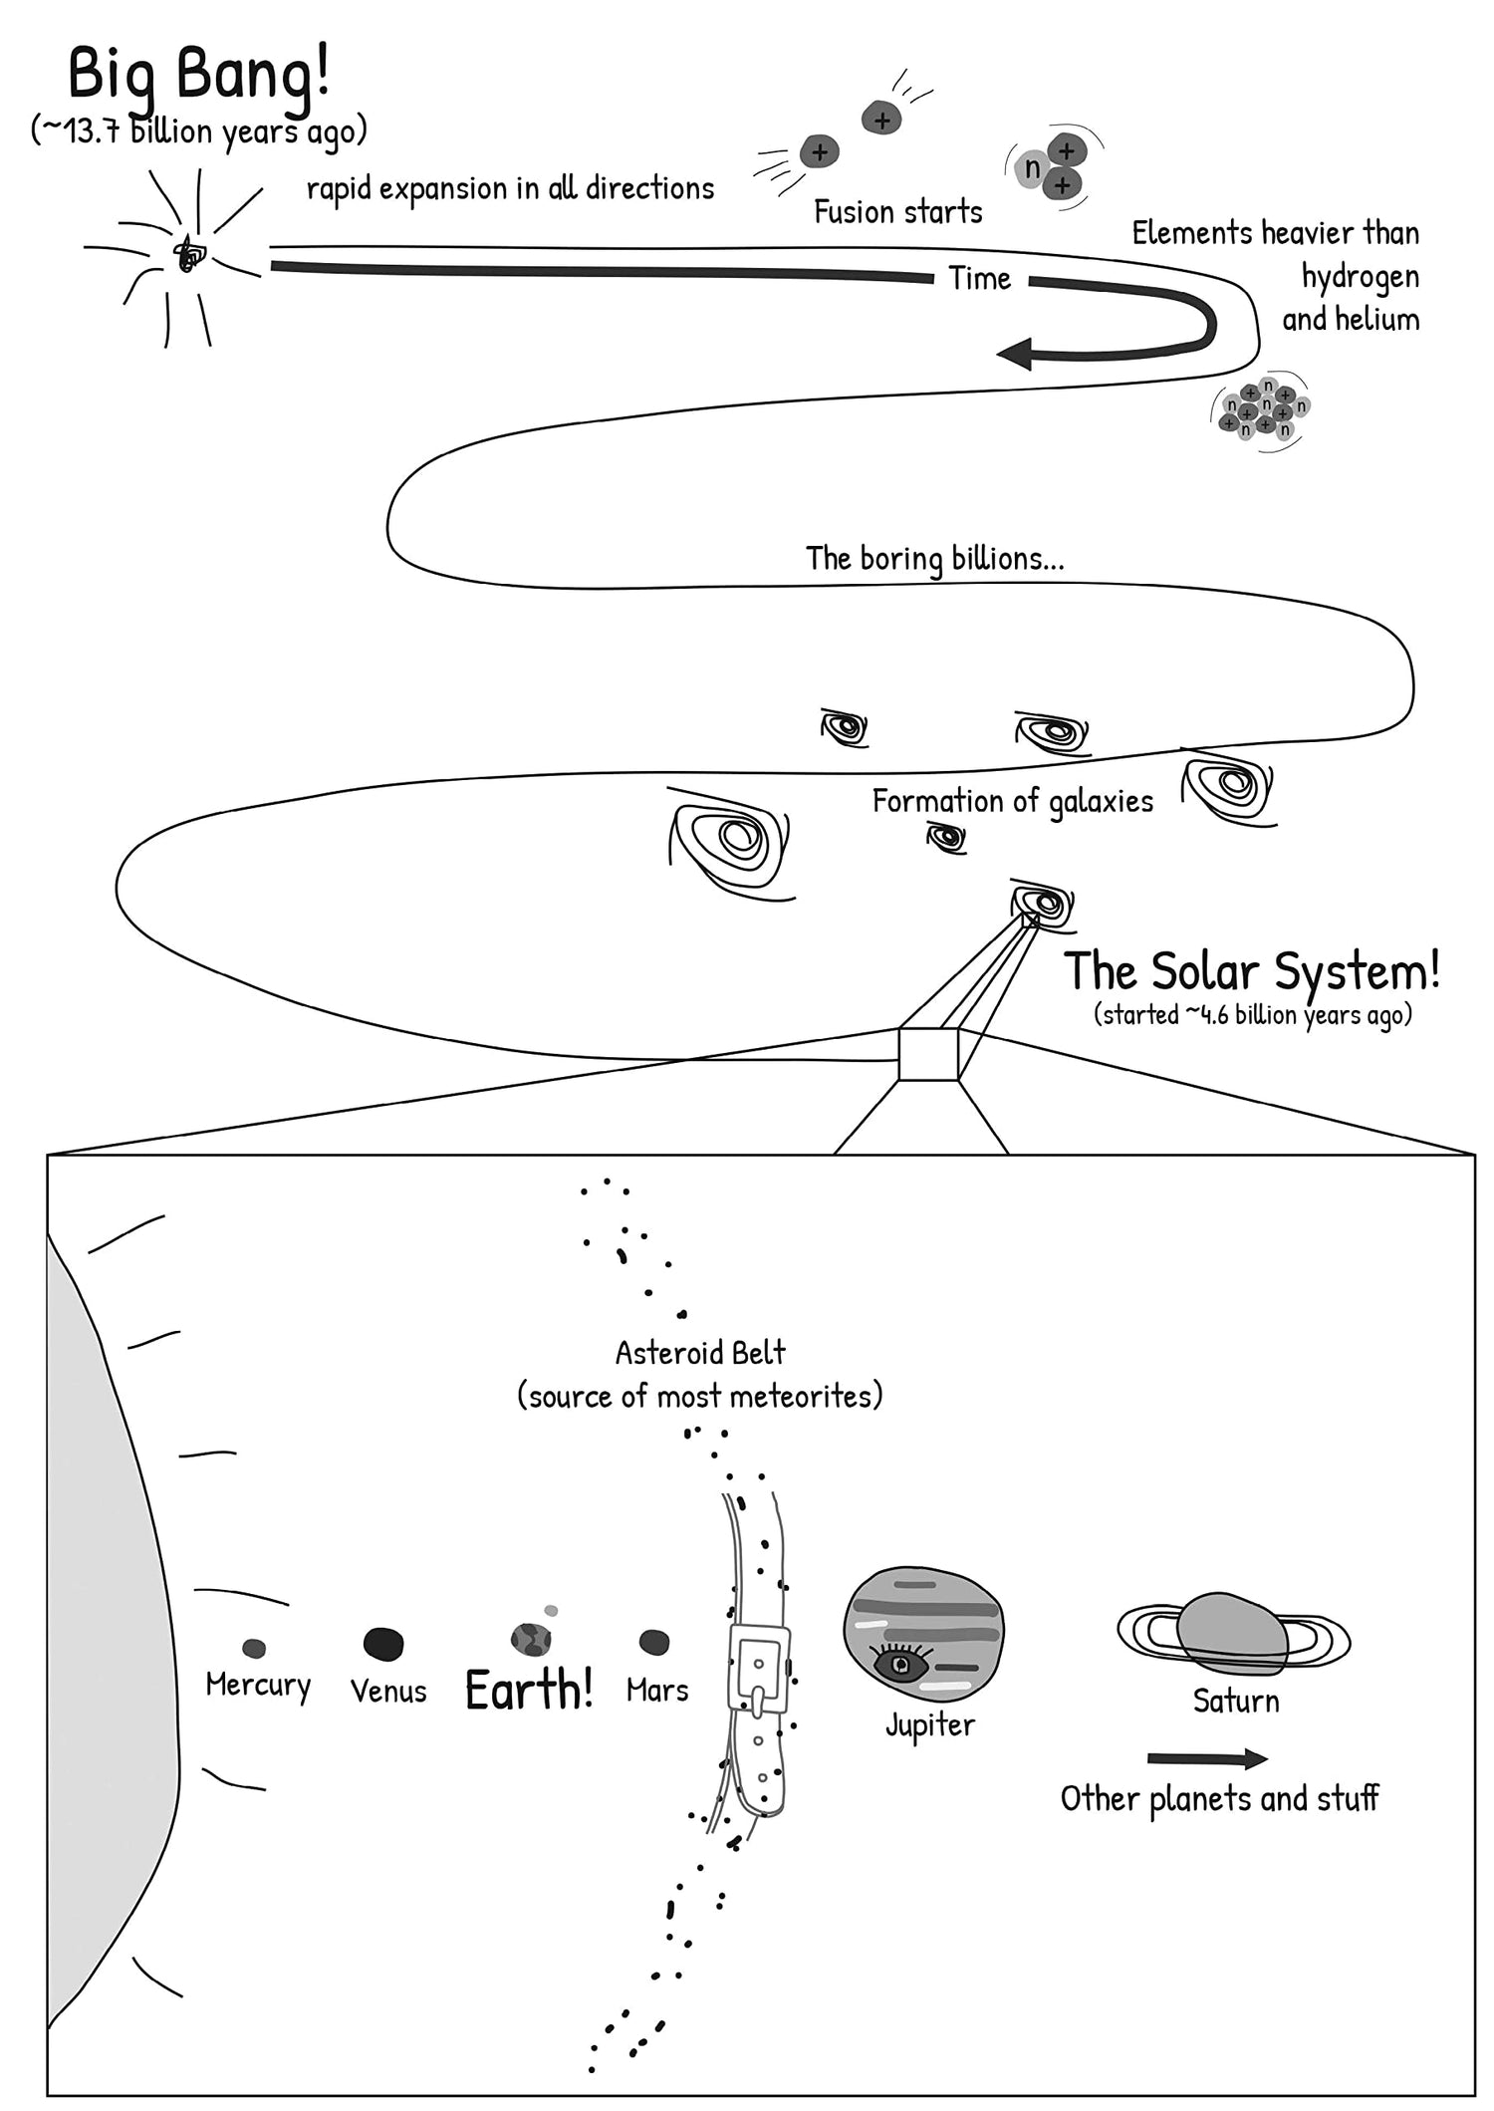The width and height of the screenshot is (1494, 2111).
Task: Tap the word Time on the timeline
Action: point(979,279)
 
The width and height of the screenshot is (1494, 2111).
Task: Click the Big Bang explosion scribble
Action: point(187,255)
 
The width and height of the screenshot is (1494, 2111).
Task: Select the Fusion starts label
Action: point(897,212)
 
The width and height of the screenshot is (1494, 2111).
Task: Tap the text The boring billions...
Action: point(934,558)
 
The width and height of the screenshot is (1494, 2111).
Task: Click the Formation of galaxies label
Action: point(1012,801)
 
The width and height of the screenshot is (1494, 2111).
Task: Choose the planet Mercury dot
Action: point(254,1649)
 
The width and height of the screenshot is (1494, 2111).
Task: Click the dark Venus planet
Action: point(383,1644)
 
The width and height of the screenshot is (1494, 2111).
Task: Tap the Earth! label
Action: point(529,1690)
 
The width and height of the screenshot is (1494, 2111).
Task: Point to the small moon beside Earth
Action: point(551,1611)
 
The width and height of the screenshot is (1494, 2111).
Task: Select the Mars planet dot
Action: point(653,1642)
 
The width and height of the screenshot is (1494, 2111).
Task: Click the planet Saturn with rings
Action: point(1232,1634)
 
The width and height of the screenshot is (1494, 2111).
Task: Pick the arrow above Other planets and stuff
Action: point(1206,1759)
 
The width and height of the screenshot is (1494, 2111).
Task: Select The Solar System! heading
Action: point(1251,970)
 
